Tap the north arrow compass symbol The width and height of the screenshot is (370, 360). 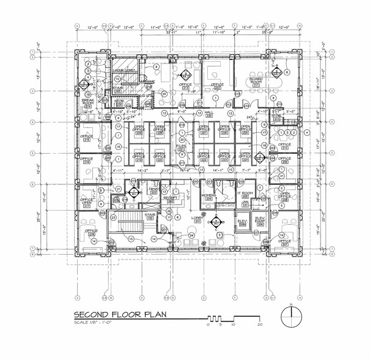click(x=291, y=317)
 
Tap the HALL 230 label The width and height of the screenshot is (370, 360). click(x=209, y=113)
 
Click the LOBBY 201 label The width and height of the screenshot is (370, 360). click(x=198, y=218)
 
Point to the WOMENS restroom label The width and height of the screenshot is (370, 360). click(x=209, y=196)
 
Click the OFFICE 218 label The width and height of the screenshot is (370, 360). click(x=91, y=231)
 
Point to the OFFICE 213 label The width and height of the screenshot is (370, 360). click(x=185, y=85)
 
